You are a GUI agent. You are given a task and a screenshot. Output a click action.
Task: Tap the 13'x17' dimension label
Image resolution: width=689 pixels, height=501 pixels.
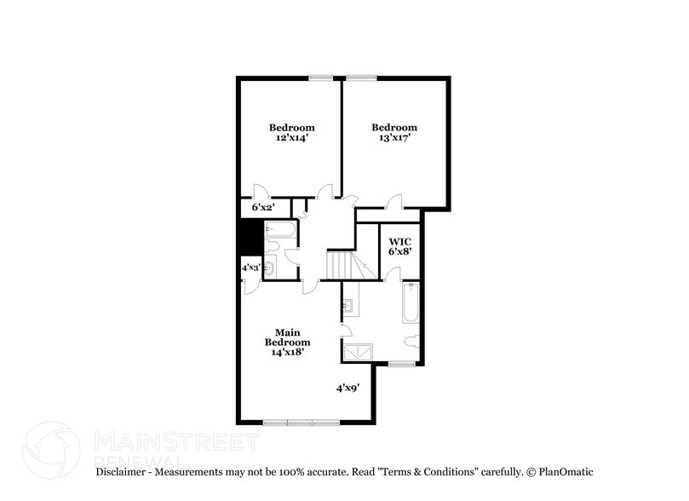click(x=394, y=138)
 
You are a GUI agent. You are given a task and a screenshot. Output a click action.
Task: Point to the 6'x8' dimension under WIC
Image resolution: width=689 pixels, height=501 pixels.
click(x=399, y=252)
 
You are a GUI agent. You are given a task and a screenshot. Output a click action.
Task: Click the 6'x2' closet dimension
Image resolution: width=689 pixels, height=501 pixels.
click(x=263, y=207)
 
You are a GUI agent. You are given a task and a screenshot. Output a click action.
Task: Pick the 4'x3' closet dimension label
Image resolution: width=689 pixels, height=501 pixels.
click(x=250, y=268)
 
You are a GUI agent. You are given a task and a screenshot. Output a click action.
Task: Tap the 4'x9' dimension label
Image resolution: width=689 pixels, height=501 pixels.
click(x=347, y=388)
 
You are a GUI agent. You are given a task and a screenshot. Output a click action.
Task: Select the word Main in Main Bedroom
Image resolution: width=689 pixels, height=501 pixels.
click(x=284, y=331)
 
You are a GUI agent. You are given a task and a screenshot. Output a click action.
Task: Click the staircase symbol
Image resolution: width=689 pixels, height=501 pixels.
click(x=340, y=265)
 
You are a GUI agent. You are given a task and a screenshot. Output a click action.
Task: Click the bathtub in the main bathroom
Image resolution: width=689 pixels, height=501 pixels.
click(x=410, y=302)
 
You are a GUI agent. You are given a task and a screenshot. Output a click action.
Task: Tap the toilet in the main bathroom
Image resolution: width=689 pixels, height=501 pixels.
click(x=411, y=343)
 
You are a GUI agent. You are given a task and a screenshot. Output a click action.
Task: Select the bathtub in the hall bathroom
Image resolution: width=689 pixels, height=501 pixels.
click(x=279, y=229)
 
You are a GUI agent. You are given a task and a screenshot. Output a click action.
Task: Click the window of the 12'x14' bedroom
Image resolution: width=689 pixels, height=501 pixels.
click(x=321, y=78)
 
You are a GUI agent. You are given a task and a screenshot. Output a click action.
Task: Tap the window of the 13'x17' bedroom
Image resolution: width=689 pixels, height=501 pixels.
click(x=361, y=78)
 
